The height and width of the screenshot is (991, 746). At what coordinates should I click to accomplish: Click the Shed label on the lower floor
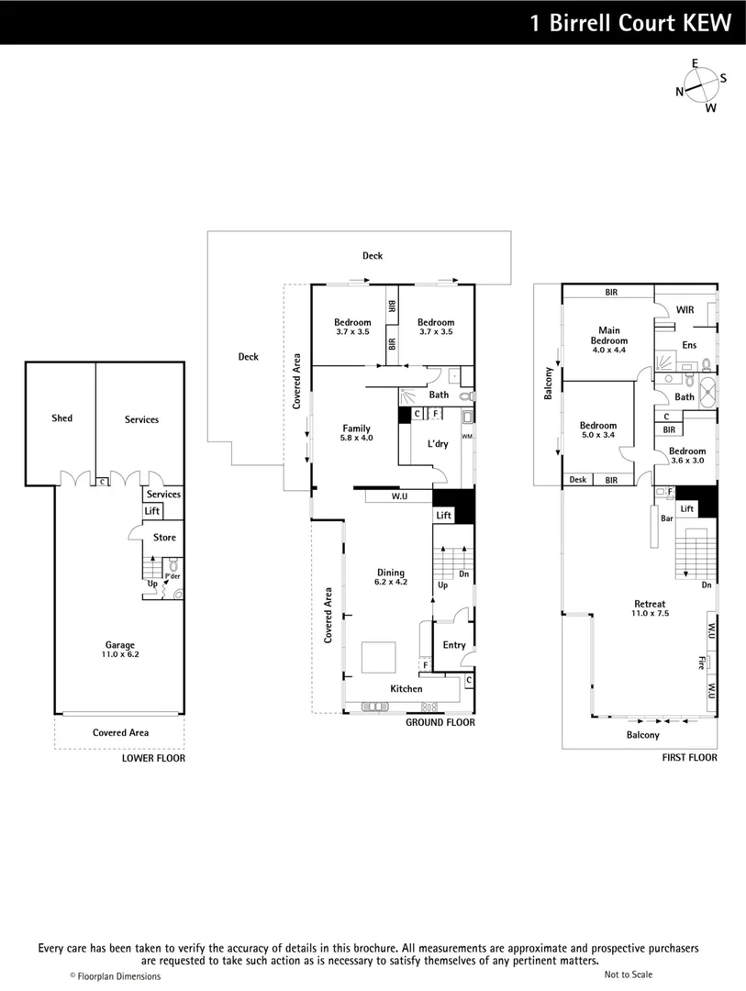(x=61, y=418)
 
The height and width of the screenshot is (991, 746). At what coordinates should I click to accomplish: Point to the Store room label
(x=164, y=538)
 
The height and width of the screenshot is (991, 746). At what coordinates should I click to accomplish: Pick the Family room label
(x=356, y=429)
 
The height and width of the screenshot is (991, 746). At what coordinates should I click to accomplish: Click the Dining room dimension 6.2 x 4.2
(x=390, y=582)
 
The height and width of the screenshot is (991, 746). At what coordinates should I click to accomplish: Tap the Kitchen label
(x=406, y=688)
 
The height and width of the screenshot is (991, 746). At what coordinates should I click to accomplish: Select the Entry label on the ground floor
(x=454, y=645)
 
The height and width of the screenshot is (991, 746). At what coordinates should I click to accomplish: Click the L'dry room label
(x=438, y=444)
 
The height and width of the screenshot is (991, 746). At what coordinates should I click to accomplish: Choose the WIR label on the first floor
(x=685, y=310)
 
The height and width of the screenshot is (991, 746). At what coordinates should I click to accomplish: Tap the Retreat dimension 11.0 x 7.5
(x=650, y=613)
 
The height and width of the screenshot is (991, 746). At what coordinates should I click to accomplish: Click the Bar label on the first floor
(x=667, y=518)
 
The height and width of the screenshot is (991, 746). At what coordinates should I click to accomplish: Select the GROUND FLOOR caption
(x=440, y=723)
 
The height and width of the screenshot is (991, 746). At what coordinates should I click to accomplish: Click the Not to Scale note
(x=629, y=974)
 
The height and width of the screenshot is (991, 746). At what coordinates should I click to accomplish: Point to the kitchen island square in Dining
(x=378, y=658)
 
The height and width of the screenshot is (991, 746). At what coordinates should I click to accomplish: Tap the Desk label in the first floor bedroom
(x=577, y=479)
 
